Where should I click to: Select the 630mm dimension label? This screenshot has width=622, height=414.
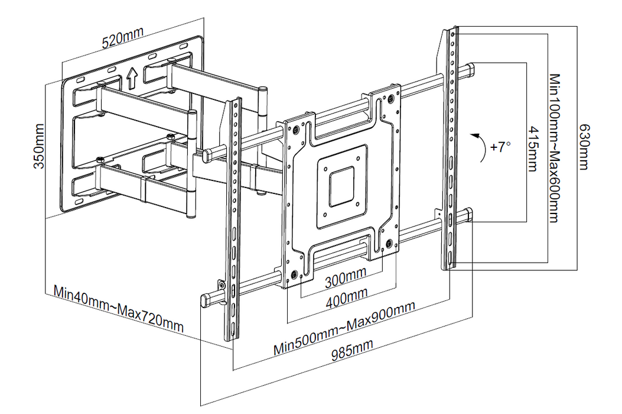click(x=584, y=146)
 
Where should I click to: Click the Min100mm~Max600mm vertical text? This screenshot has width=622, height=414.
click(x=553, y=148)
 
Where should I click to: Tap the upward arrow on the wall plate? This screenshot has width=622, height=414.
click(x=131, y=76)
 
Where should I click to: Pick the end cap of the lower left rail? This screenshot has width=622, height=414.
click(x=207, y=300)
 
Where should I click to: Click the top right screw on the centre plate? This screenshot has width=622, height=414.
click(x=389, y=99)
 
